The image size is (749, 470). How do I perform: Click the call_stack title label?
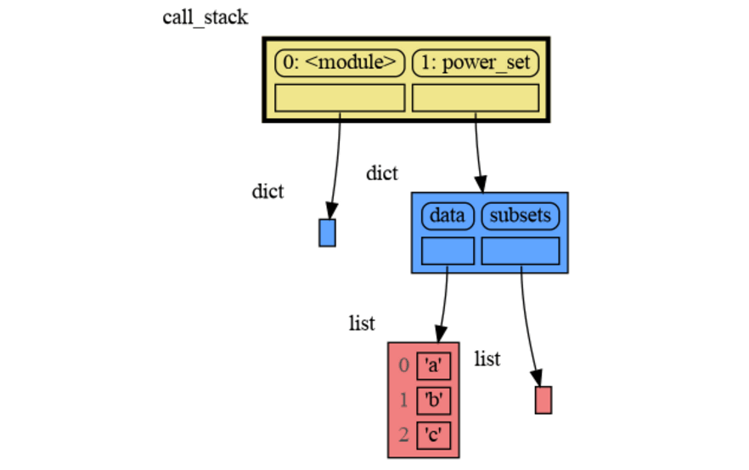pos(205,18)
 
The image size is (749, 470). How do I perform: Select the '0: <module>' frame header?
pos(340,63)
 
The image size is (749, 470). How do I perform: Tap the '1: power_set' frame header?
pos(476,63)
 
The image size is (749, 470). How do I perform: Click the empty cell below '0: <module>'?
pos(340,98)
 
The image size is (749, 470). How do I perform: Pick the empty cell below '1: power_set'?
pos(476,98)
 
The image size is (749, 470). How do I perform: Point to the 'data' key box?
pos(448,216)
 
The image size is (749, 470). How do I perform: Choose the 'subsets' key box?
pos(521,216)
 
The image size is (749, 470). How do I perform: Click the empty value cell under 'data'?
pos(448,251)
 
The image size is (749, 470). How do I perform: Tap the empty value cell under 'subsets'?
pos(521,251)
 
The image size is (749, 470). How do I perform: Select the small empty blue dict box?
pos(327,233)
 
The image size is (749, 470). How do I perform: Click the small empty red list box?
pos(543,400)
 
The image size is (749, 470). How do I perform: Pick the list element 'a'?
pos(433,365)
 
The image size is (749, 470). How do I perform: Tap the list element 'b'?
pos(433,400)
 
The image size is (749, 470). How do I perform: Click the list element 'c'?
pos(433,435)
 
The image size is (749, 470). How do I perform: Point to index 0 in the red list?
pos(403,365)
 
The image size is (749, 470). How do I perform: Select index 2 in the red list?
pos(403,435)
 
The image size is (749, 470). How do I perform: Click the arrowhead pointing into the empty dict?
pos(331,212)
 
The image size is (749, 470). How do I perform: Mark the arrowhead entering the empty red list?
pos(538,377)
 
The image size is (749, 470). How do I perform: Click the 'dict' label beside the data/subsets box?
pos(381,173)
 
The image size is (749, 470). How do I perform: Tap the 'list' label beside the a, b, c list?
pos(362,324)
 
